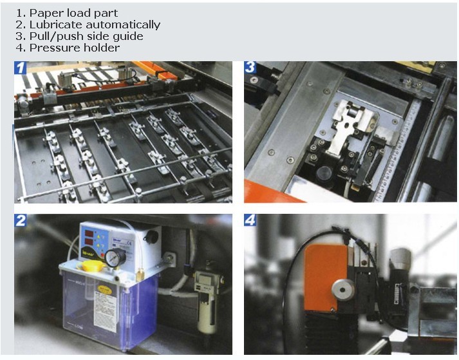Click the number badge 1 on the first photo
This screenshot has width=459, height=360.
pos(21,68)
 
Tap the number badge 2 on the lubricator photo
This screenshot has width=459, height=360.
pos(21,220)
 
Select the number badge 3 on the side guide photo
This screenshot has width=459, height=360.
pos(250,67)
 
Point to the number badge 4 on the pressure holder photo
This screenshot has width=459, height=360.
pos(250,220)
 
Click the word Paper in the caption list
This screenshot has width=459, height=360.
pos(44,13)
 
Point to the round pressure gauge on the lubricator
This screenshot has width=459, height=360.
pos(114,258)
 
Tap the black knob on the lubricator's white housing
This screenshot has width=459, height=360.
pos(151,236)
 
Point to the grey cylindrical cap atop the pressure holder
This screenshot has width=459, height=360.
pos(401,261)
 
